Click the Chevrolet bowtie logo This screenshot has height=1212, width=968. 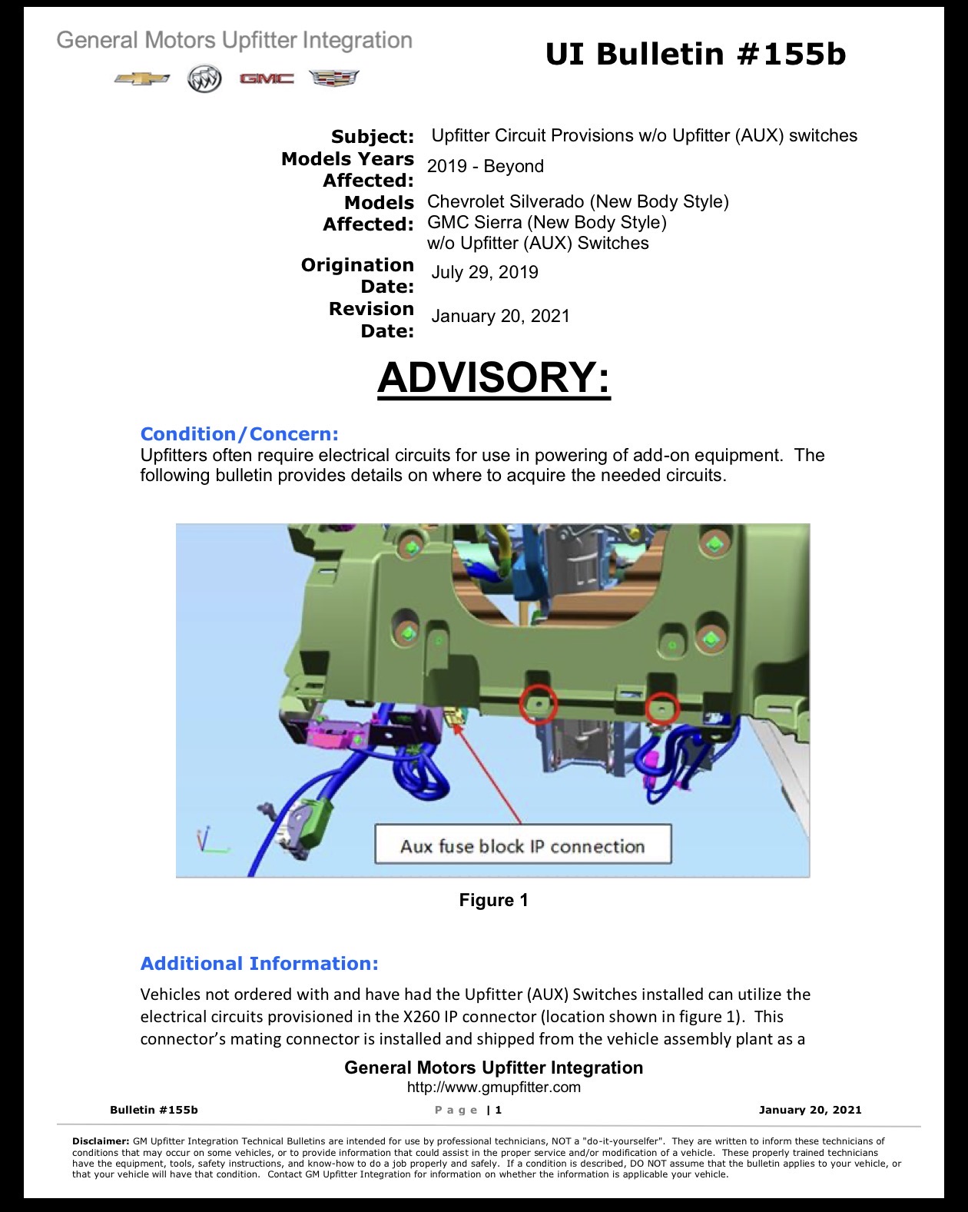142,79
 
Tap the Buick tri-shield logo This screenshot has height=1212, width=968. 204,78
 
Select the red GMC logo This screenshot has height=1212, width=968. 267,79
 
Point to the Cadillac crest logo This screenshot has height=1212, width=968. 334,78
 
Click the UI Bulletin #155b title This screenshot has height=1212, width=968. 695,55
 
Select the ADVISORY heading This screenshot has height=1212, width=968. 494,377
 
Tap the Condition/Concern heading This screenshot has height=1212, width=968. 240,433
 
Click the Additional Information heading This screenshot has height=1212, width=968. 259,963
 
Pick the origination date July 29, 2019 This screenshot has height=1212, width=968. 485,273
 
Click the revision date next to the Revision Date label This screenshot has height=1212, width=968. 501,316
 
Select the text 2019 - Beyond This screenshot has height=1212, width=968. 486,166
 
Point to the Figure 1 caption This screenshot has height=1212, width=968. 494,900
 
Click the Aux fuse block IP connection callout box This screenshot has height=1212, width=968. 523,844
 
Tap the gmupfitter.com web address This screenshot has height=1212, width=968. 494,1087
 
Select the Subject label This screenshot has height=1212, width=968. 373,136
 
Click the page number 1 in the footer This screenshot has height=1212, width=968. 498,1110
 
